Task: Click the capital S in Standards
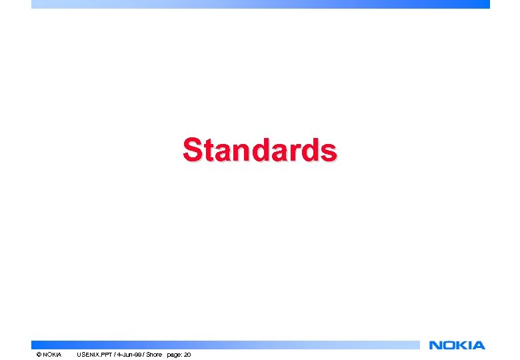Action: coord(193,150)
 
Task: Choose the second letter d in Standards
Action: coord(312,151)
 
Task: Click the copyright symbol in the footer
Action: coord(39,354)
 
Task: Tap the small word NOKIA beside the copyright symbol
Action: coord(52,354)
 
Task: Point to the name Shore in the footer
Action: coord(155,354)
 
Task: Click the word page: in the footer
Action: coord(174,354)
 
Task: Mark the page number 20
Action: coord(187,354)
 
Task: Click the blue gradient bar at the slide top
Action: coord(260,4)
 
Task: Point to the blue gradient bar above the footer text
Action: coord(227,345)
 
